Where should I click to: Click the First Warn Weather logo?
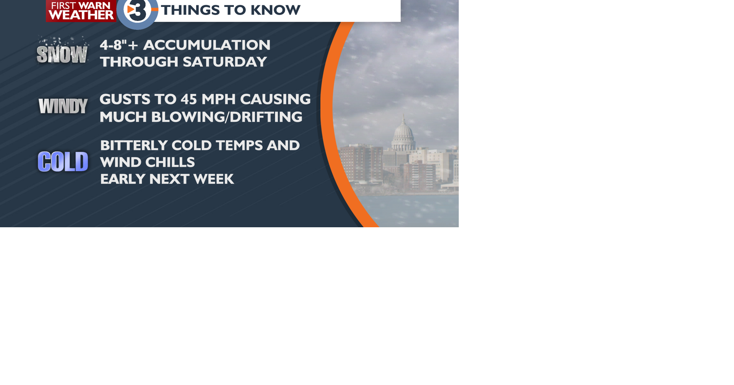click(81, 11)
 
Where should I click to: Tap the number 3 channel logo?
click(137, 12)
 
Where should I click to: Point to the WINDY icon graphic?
click(63, 106)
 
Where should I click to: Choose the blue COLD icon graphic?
click(63, 161)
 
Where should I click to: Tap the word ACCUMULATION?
click(207, 45)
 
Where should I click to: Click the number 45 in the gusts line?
click(189, 99)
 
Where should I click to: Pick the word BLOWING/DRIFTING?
click(227, 117)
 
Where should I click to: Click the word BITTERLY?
click(134, 146)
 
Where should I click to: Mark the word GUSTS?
click(125, 99)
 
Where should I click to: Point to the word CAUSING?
click(275, 99)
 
